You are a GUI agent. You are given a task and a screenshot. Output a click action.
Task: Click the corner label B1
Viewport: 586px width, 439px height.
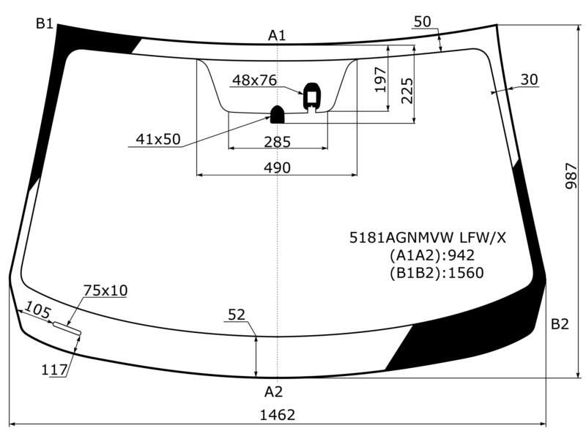click(x=44, y=23)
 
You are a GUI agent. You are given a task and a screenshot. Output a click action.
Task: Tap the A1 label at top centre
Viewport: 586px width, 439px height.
click(x=277, y=35)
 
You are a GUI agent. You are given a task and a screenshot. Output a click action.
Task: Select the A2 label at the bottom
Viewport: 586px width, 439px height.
click(x=273, y=391)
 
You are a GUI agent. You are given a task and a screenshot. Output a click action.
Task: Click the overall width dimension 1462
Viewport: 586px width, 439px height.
click(x=278, y=415)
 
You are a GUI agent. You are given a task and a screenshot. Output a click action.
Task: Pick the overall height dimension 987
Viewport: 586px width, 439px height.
click(x=571, y=176)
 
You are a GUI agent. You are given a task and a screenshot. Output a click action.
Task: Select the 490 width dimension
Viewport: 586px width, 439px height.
click(x=277, y=168)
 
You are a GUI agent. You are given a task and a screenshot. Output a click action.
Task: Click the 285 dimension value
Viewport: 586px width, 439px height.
click(x=277, y=142)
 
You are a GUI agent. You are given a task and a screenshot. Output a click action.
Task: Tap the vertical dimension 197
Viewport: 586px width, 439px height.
click(x=380, y=80)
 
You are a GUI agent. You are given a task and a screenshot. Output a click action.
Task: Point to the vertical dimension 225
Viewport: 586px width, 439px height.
click(x=407, y=91)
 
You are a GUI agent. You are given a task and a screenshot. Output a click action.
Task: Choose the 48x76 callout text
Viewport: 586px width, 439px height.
click(x=254, y=80)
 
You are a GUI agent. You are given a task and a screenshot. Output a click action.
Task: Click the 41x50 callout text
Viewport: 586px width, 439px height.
click(x=158, y=139)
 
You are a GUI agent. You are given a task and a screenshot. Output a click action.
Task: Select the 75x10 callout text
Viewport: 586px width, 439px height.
click(x=105, y=290)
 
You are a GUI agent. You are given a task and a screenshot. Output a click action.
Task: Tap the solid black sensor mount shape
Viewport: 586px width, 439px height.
click(x=278, y=115)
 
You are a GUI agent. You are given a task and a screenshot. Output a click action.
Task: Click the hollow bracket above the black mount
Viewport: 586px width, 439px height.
click(x=312, y=97)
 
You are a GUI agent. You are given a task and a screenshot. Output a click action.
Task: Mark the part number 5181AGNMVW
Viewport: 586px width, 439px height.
click(x=401, y=237)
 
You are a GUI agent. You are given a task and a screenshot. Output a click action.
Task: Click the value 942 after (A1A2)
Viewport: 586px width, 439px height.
click(x=461, y=255)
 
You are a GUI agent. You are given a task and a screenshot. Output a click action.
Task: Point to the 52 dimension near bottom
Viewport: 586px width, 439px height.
click(x=237, y=315)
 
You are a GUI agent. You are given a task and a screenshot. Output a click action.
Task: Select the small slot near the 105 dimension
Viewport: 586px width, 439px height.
click(x=67, y=328)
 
